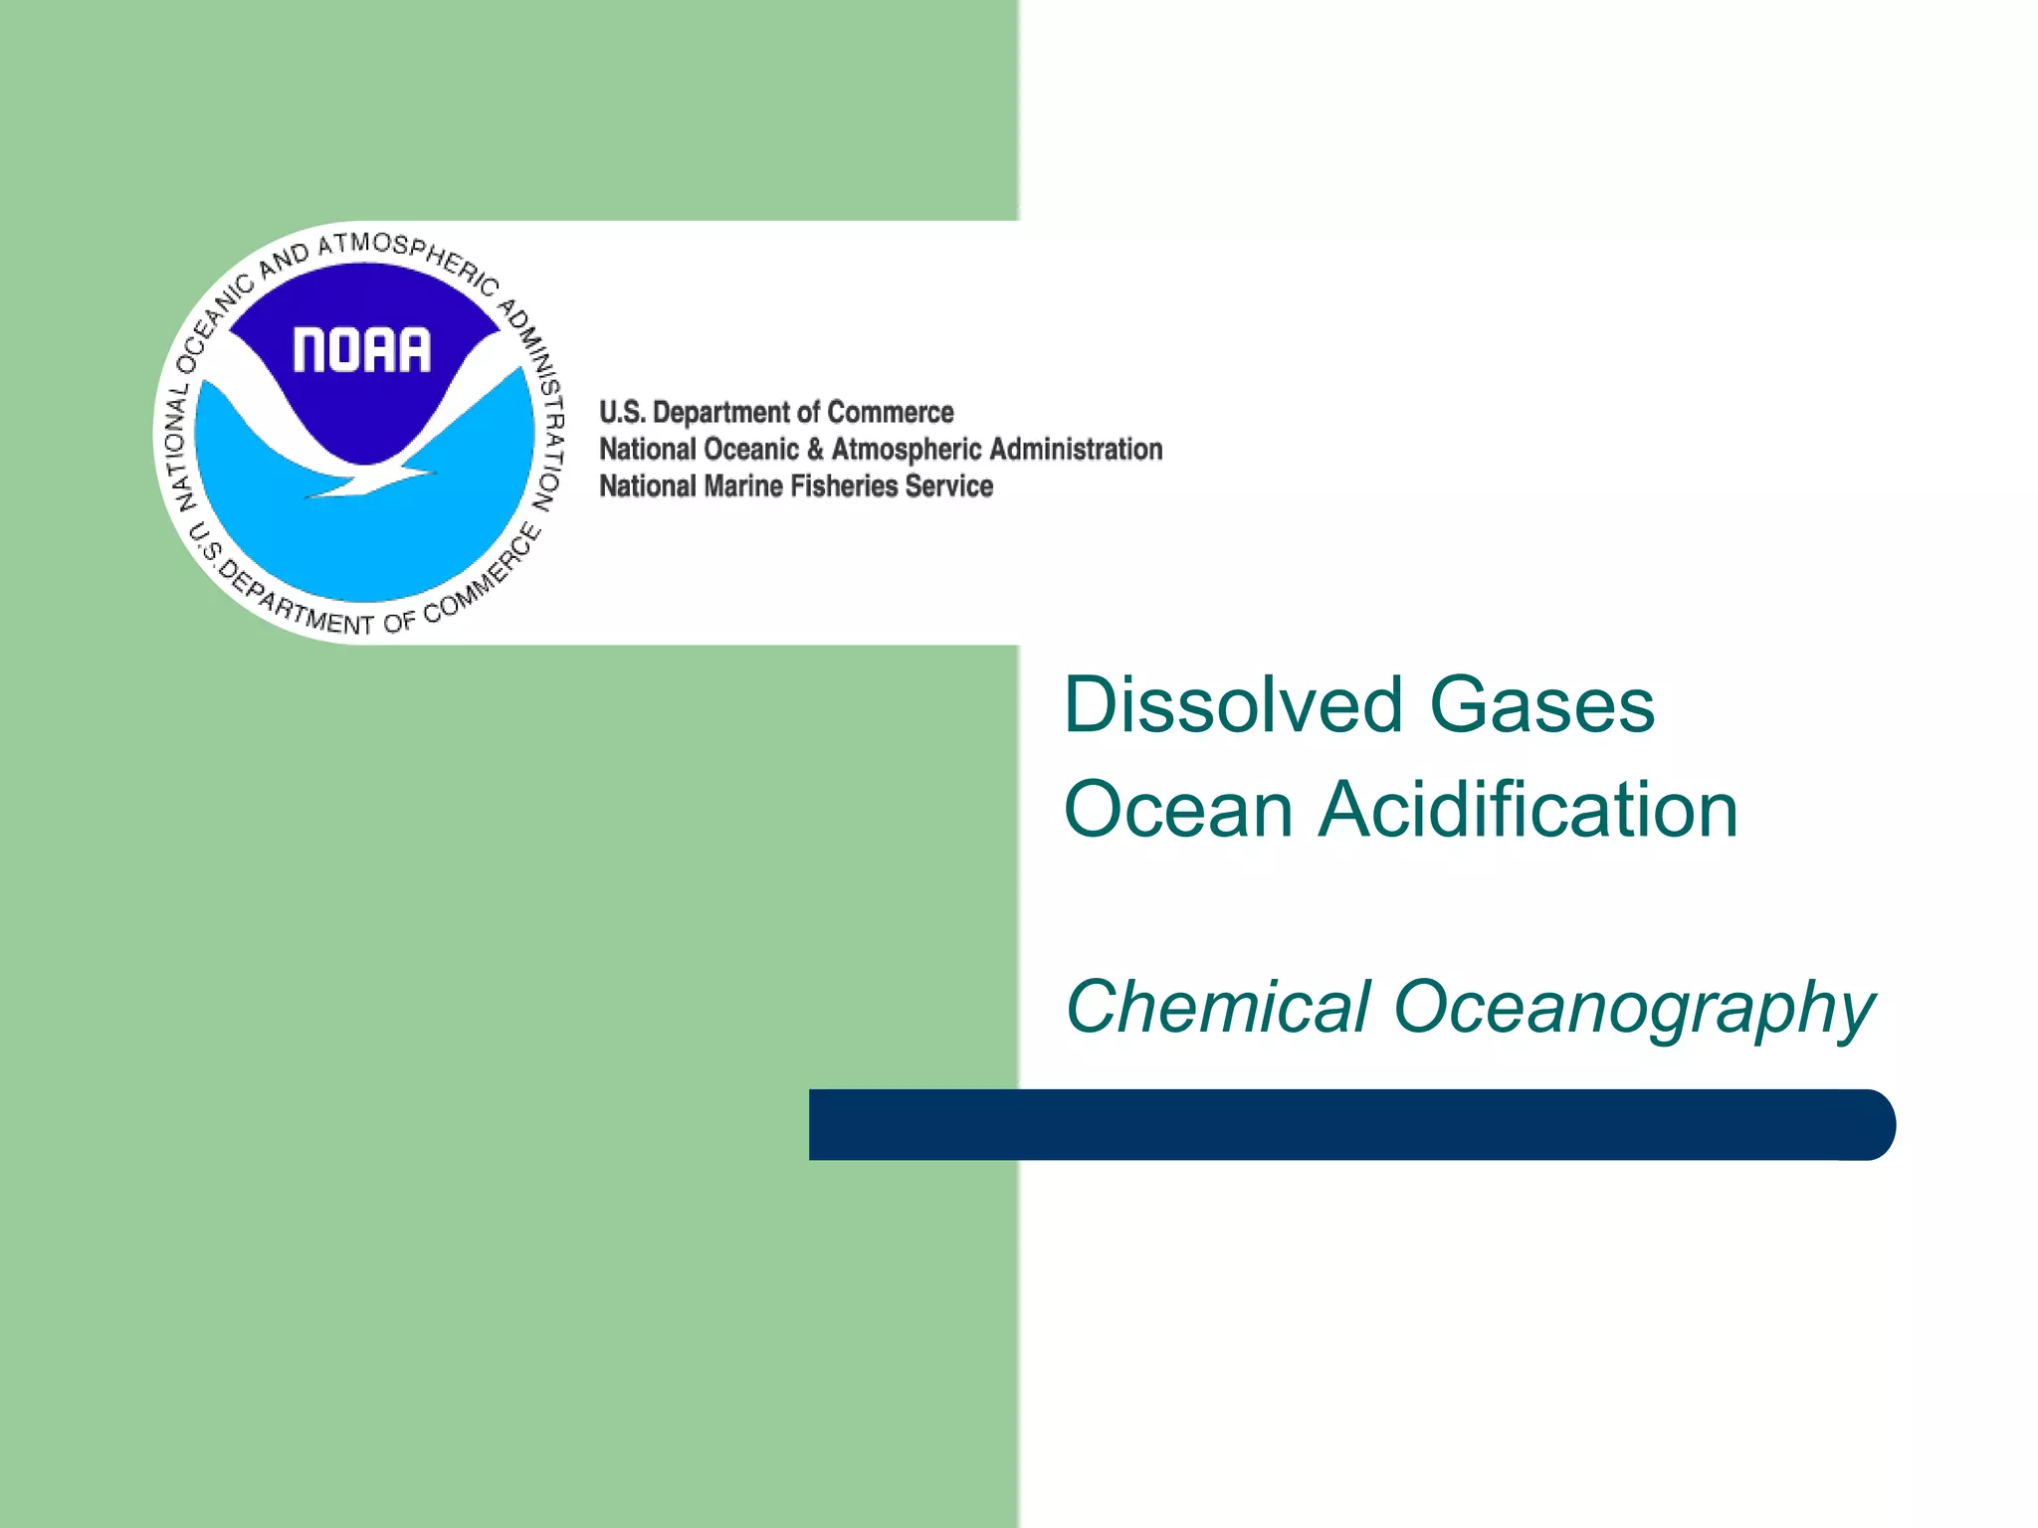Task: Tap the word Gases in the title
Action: click(x=1542, y=704)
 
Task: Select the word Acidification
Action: click(x=1528, y=809)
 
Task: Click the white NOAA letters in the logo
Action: click(x=362, y=350)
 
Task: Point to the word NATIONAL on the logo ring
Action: click(x=180, y=448)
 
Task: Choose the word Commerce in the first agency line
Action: click(x=891, y=413)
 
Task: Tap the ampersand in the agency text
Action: click(x=815, y=450)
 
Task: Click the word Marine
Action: click(x=743, y=486)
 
